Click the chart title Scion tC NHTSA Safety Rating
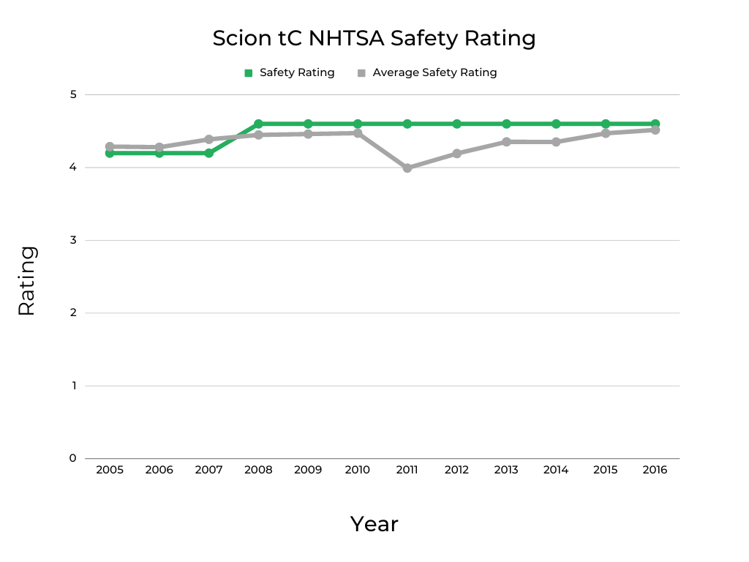pos(374,38)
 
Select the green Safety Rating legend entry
pos(289,72)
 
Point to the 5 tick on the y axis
pos(73,94)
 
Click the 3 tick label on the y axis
pos(73,240)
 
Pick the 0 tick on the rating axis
pos(73,458)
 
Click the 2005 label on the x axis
pos(110,470)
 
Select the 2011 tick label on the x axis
pos(407,470)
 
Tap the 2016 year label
pos(655,470)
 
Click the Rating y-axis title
pos(26,281)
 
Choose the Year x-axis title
pos(374,524)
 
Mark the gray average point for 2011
pos(407,168)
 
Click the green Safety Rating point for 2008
pos(258,124)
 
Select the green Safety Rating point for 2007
pos(208,153)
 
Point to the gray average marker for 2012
pos(456,154)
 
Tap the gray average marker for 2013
pos(506,142)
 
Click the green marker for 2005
pos(110,153)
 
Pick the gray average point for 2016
pos(655,130)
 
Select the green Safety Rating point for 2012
pos(456,124)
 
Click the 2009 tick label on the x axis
pos(308,470)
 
